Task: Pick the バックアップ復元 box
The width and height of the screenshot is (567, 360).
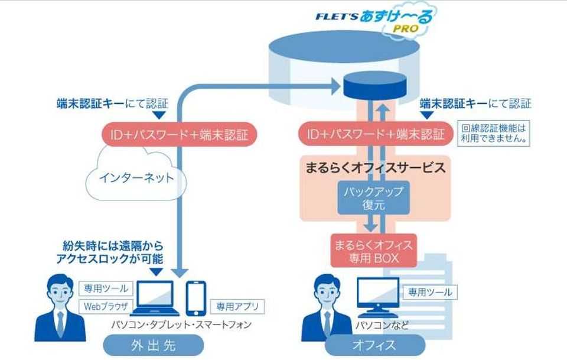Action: click(x=374, y=199)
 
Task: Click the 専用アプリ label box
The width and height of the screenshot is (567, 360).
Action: click(x=237, y=306)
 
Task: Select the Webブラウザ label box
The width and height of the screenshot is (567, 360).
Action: click(x=104, y=306)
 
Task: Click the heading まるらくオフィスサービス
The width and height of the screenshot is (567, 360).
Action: click(x=374, y=168)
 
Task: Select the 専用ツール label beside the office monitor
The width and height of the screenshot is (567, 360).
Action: click(x=428, y=292)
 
